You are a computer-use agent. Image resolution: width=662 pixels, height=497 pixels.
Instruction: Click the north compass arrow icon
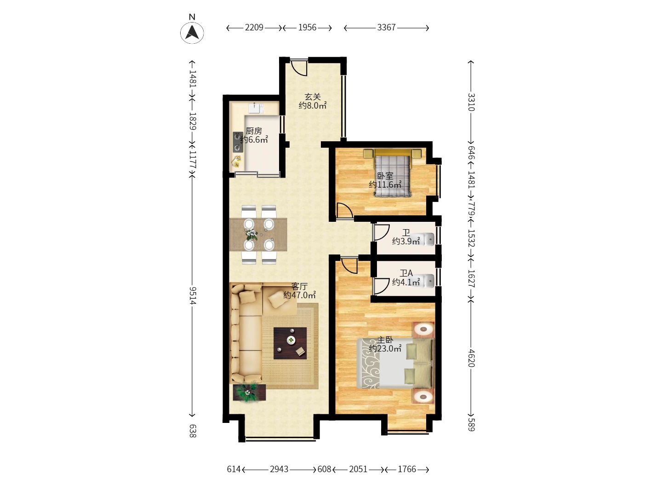(192, 33)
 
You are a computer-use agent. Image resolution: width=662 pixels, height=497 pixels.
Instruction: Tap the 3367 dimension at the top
(386, 28)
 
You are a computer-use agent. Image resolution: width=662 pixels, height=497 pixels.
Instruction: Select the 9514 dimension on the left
(193, 295)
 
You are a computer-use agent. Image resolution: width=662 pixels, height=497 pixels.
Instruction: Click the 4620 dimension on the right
(471, 358)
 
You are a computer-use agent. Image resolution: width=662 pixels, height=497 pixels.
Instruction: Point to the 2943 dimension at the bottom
(279, 469)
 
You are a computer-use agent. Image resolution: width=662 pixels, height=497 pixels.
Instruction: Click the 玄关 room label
(313, 97)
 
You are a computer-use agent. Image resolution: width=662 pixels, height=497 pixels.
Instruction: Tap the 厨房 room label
(253, 131)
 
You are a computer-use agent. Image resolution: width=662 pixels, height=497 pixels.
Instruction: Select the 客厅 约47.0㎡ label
(299, 291)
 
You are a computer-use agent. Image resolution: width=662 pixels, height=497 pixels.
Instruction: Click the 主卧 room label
(385, 340)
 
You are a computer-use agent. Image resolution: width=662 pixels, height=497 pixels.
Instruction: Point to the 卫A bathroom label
(406, 273)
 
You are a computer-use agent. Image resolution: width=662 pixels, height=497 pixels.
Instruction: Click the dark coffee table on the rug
(290, 343)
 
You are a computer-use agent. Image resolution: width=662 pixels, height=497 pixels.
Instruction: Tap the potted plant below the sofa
(249, 393)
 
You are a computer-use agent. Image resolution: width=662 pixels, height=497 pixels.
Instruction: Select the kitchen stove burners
(238, 142)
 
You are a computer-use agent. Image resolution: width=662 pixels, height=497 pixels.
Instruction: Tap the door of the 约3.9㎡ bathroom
(380, 232)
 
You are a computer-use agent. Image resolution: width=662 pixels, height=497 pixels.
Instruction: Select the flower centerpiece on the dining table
(251, 235)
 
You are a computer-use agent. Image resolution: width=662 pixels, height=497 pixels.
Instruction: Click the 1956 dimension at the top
(307, 28)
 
